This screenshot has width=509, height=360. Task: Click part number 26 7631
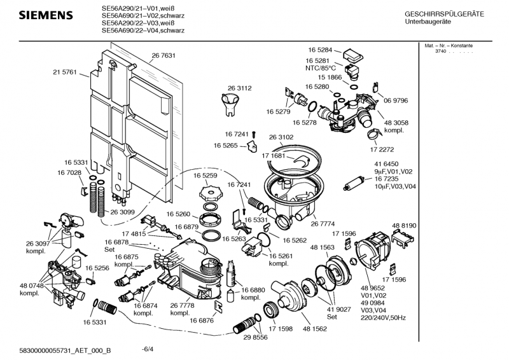click(164, 56)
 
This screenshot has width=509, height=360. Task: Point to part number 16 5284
click(321, 49)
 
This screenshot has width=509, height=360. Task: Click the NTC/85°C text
click(321, 68)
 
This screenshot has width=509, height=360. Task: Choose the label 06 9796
click(395, 100)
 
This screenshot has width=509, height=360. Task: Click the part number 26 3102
click(281, 137)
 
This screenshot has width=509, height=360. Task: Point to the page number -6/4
click(148, 349)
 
